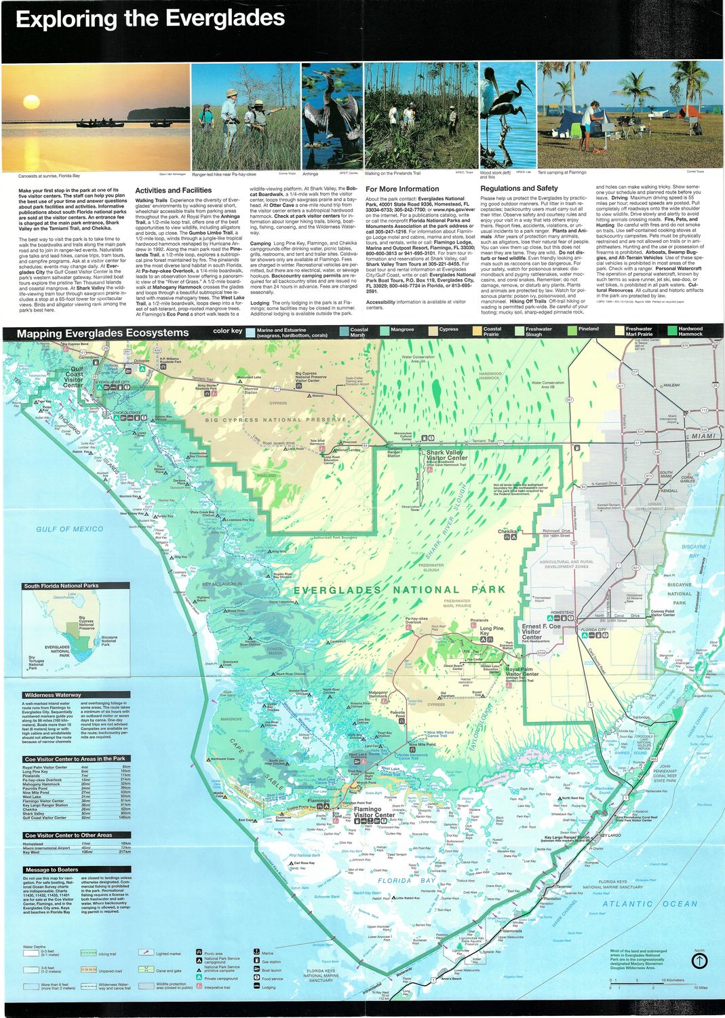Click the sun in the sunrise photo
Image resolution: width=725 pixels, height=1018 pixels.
click(31, 102)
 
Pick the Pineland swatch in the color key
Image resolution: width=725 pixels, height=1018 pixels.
click(572, 330)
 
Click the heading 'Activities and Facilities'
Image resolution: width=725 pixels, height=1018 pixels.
click(173, 191)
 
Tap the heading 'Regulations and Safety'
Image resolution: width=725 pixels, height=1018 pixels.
click(519, 189)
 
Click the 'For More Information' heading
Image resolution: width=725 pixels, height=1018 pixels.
click(402, 189)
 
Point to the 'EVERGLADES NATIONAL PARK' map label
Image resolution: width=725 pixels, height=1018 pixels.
click(399, 590)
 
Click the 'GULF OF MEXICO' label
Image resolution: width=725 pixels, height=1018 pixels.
click(70, 529)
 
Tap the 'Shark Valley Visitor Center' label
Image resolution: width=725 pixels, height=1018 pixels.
click(446, 455)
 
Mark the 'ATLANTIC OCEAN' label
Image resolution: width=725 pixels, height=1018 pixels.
click(650, 903)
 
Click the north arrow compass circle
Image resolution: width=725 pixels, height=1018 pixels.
click(699, 961)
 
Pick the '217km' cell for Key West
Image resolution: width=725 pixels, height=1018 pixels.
click(125, 852)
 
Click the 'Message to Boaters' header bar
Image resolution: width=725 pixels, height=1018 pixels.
click(52, 869)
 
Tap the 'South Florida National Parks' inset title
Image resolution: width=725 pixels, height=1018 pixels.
click(61, 586)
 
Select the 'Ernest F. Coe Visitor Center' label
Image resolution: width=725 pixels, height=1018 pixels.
click(541, 631)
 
